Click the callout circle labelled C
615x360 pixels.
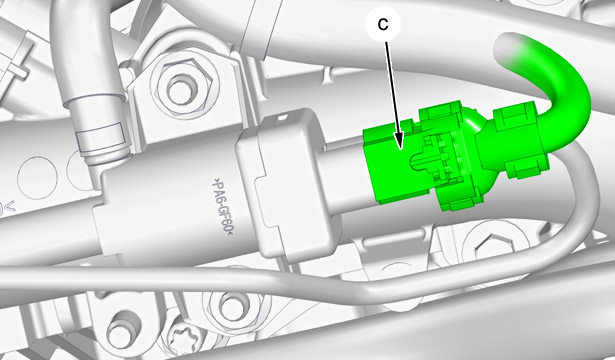tap(383, 24)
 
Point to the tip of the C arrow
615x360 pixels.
tap(400, 149)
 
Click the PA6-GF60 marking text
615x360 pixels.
tap(222, 207)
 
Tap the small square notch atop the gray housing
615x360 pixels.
tap(280, 118)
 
